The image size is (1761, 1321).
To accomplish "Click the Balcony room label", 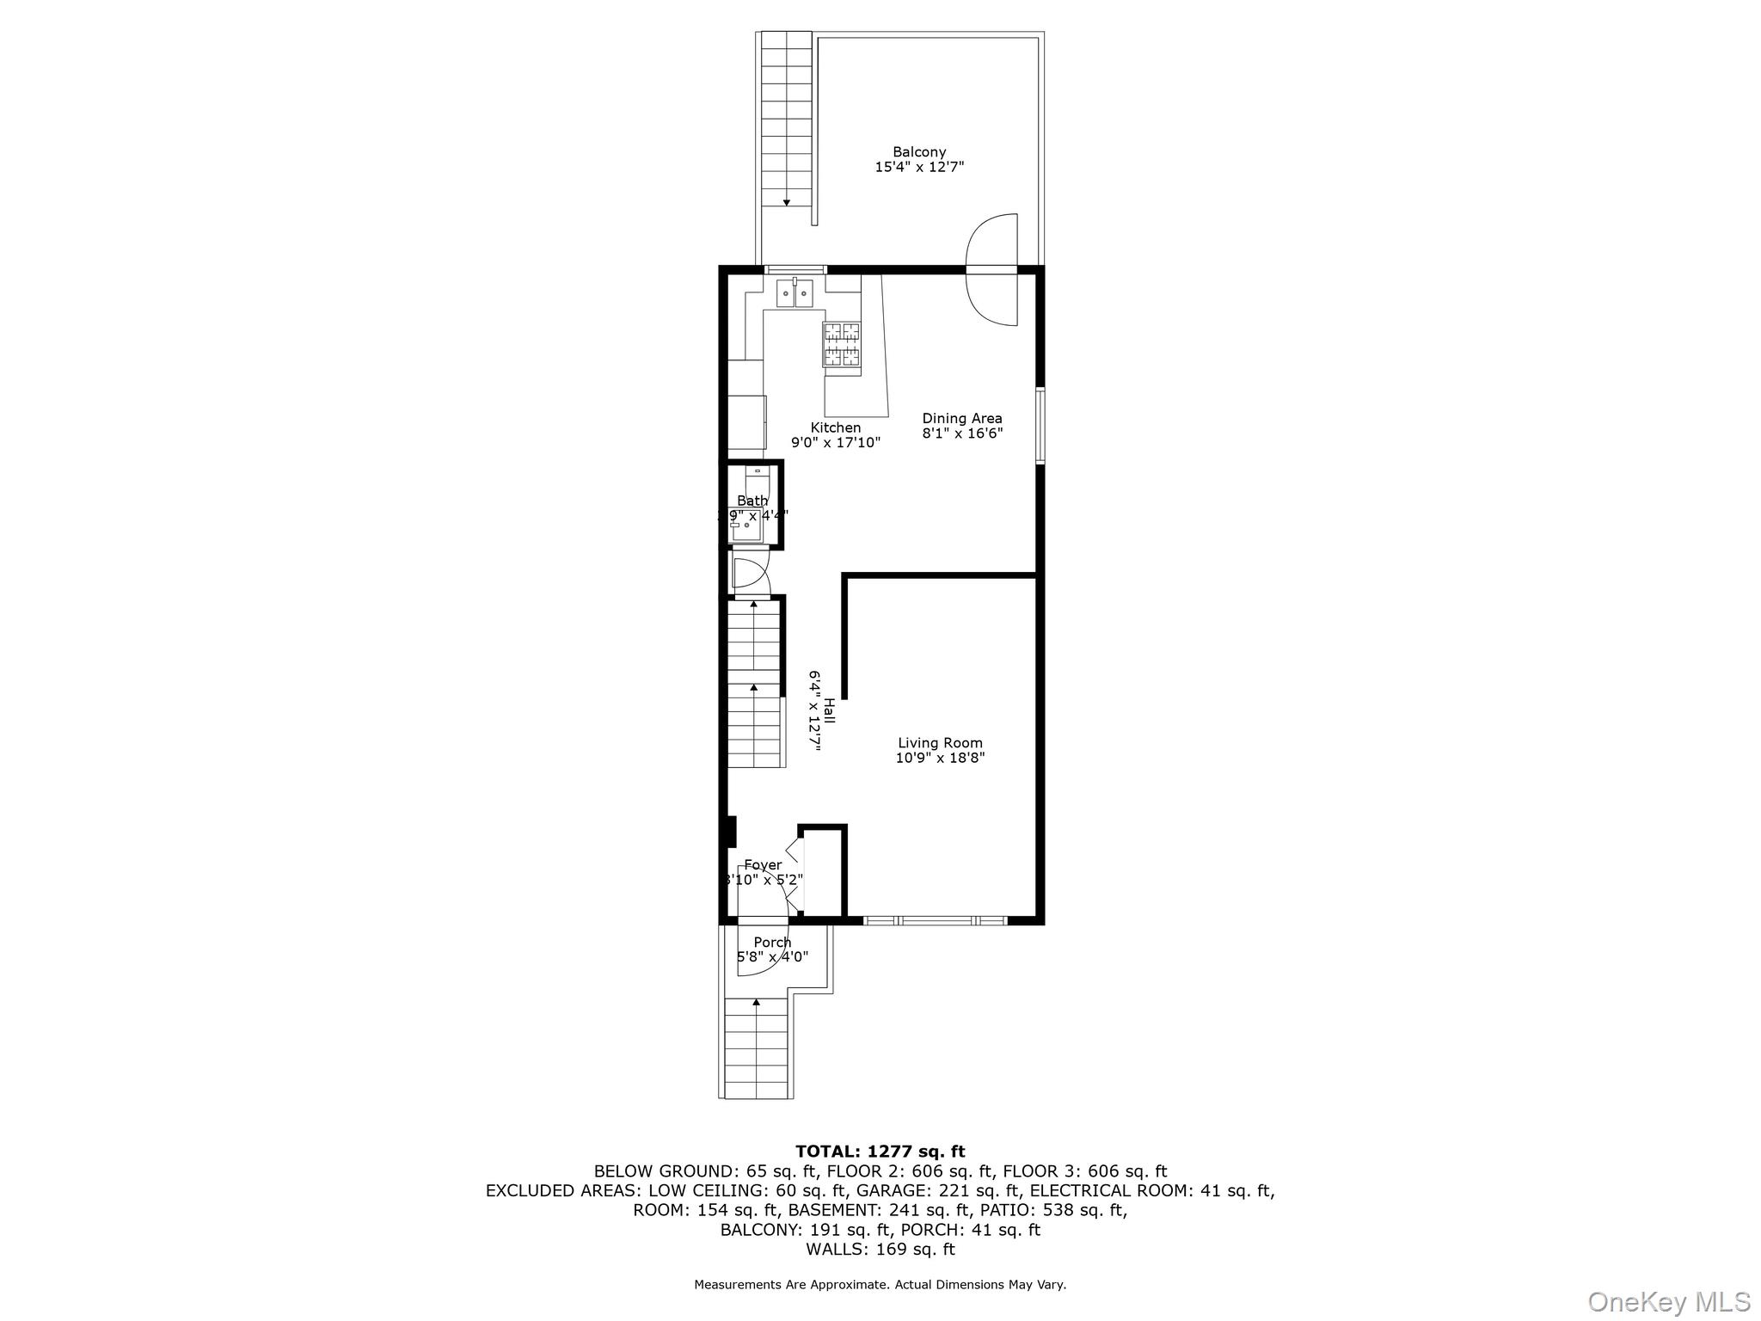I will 918,152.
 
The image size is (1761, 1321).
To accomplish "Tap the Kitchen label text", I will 835,427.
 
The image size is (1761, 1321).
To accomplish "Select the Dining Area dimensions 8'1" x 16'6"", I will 962,433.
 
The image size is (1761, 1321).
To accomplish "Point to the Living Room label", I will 940,743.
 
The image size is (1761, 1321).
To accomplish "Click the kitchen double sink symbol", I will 795,294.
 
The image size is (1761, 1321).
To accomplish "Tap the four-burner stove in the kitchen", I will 842,344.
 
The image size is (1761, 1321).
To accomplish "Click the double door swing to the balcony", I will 992,270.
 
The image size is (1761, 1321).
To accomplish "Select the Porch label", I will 772,943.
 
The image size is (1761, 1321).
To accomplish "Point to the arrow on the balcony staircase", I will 786,203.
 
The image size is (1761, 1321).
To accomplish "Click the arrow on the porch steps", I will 756,1002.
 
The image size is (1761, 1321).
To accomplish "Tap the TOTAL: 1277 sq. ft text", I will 880,1152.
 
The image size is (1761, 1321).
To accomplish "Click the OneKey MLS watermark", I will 1668,1301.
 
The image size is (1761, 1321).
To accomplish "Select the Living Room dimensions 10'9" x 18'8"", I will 940,758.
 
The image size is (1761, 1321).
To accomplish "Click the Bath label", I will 752,501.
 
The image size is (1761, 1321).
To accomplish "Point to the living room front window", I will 935,921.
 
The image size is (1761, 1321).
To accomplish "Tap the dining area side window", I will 1040,426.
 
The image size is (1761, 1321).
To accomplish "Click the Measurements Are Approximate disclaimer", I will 880,1285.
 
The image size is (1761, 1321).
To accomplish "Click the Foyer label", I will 763,865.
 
